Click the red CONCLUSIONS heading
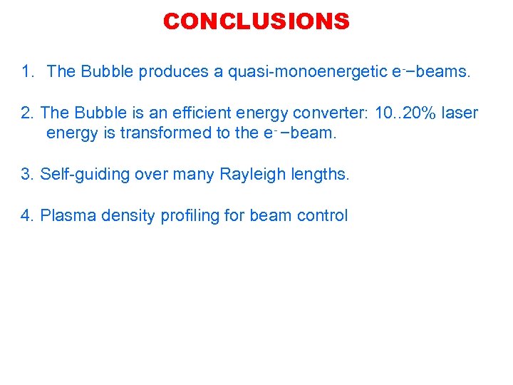tap(256, 21)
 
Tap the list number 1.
tap(28, 71)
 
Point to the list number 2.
tap(28, 113)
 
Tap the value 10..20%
tap(403, 113)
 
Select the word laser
tap(460, 113)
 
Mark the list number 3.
tap(28, 174)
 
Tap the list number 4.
tap(28, 215)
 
